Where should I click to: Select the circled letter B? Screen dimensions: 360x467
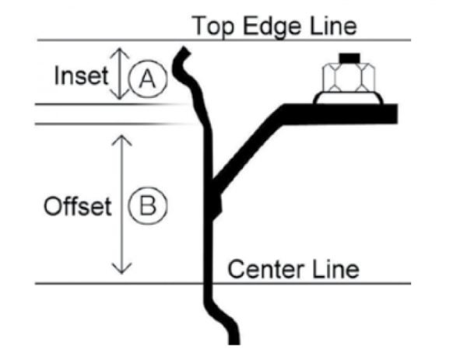click(146, 206)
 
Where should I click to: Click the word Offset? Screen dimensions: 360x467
click(77, 207)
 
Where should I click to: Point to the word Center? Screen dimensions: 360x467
click(260, 270)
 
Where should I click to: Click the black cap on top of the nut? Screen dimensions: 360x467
click(349, 57)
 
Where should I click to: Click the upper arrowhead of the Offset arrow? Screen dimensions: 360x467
click(118, 138)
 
